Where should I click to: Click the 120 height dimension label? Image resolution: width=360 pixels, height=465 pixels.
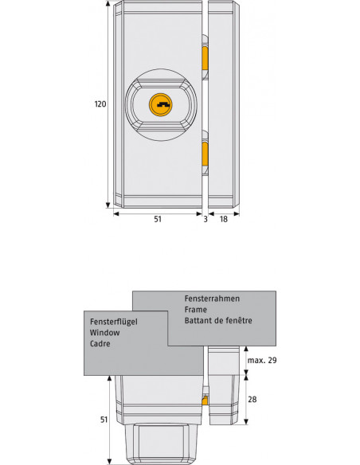coord(100,104)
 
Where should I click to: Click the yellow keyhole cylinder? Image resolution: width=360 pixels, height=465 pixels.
coord(161,104)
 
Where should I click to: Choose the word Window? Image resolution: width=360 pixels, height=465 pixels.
coord(104,334)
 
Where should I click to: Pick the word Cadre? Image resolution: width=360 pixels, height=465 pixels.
coord(100,346)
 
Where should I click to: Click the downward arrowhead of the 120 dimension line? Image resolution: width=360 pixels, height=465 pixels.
coord(109,205)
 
